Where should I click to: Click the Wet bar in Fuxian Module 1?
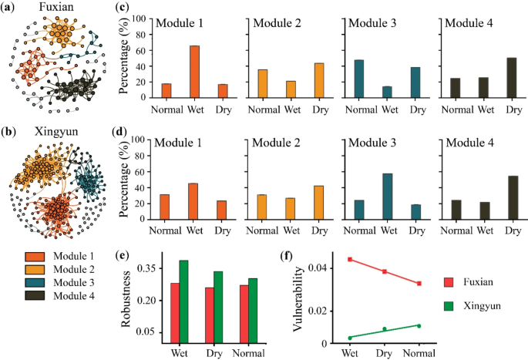click(196, 72)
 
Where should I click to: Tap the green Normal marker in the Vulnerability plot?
click(419, 325)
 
